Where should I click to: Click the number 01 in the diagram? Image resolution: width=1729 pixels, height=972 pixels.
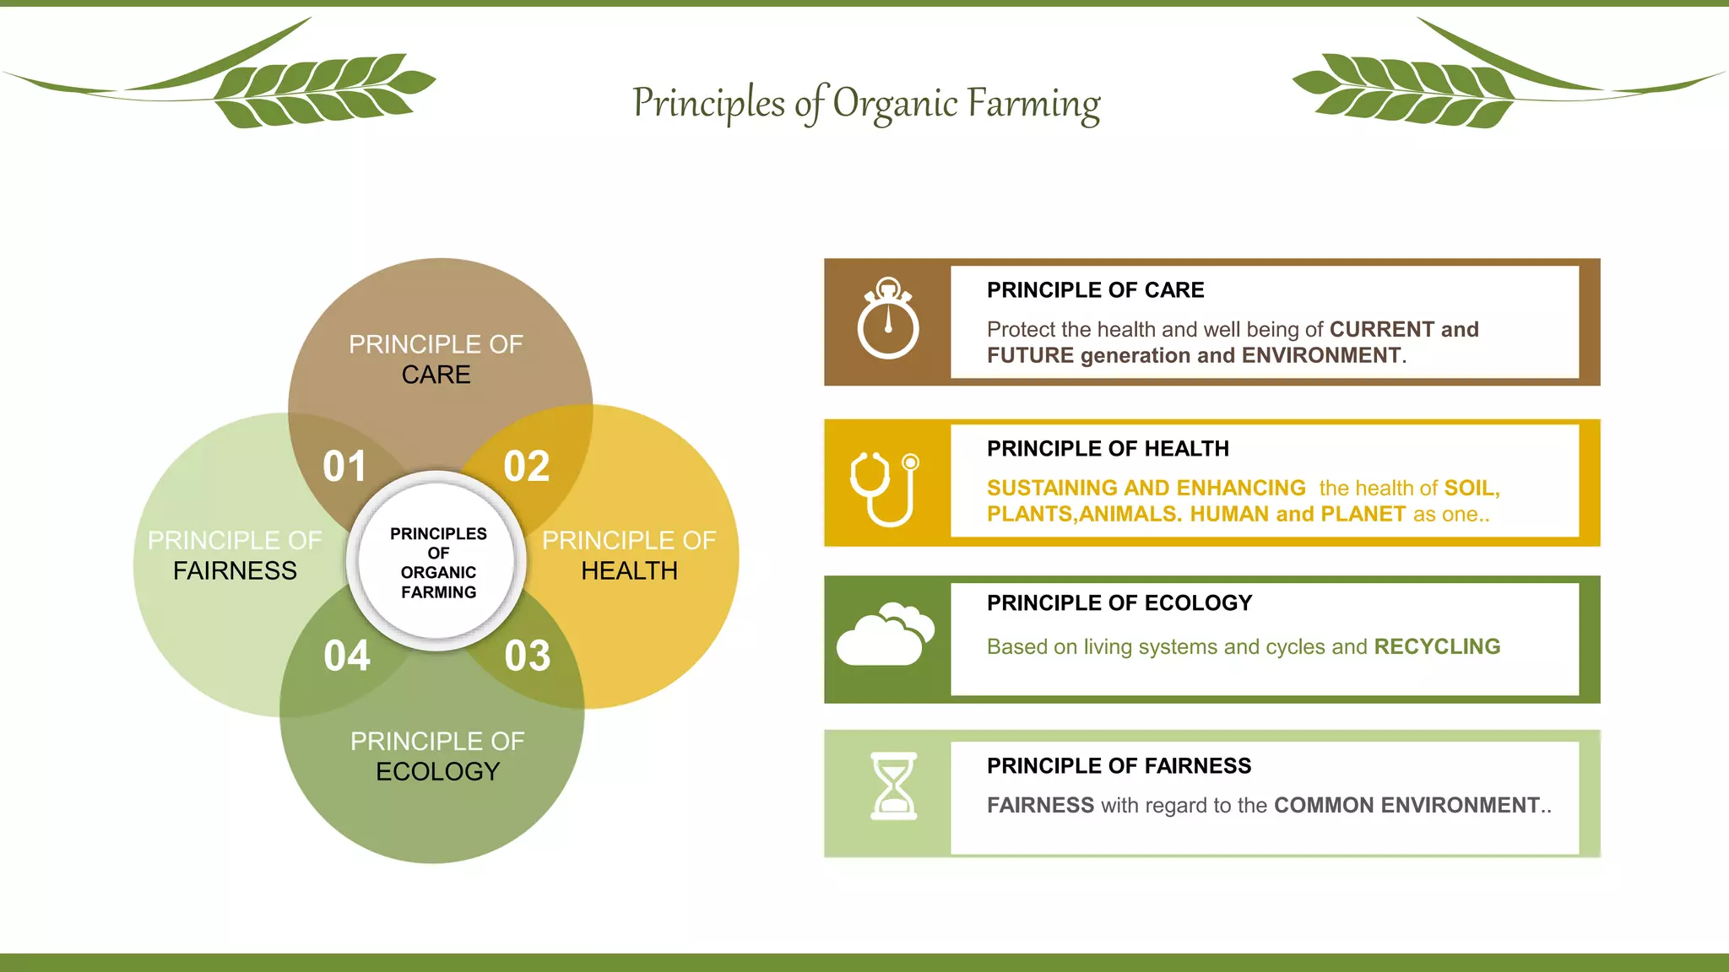(344, 467)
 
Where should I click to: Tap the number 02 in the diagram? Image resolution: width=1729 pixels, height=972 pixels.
(527, 467)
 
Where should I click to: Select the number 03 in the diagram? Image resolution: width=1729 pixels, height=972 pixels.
(528, 656)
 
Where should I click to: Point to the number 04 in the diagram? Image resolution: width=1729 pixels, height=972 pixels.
(347, 656)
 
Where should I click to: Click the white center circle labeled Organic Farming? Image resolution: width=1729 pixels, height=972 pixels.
(437, 562)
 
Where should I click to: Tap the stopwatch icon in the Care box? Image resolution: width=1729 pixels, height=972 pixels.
(888, 319)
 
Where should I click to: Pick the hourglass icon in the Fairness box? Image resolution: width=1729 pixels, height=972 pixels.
(893, 786)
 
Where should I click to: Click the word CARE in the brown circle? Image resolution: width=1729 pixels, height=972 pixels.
(436, 375)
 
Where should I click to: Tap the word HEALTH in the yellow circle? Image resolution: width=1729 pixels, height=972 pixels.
(629, 571)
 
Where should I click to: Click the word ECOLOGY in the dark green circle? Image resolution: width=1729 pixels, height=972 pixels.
(437, 771)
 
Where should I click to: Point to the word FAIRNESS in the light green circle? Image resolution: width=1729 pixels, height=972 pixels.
(235, 571)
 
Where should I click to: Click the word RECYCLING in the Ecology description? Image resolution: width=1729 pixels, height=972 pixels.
(1437, 646)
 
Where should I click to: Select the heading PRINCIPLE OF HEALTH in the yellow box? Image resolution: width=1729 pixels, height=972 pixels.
(1108, 449)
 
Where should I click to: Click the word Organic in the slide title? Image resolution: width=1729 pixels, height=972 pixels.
(895, 104)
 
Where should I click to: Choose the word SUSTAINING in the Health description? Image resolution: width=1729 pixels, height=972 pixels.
(1052, 488)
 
